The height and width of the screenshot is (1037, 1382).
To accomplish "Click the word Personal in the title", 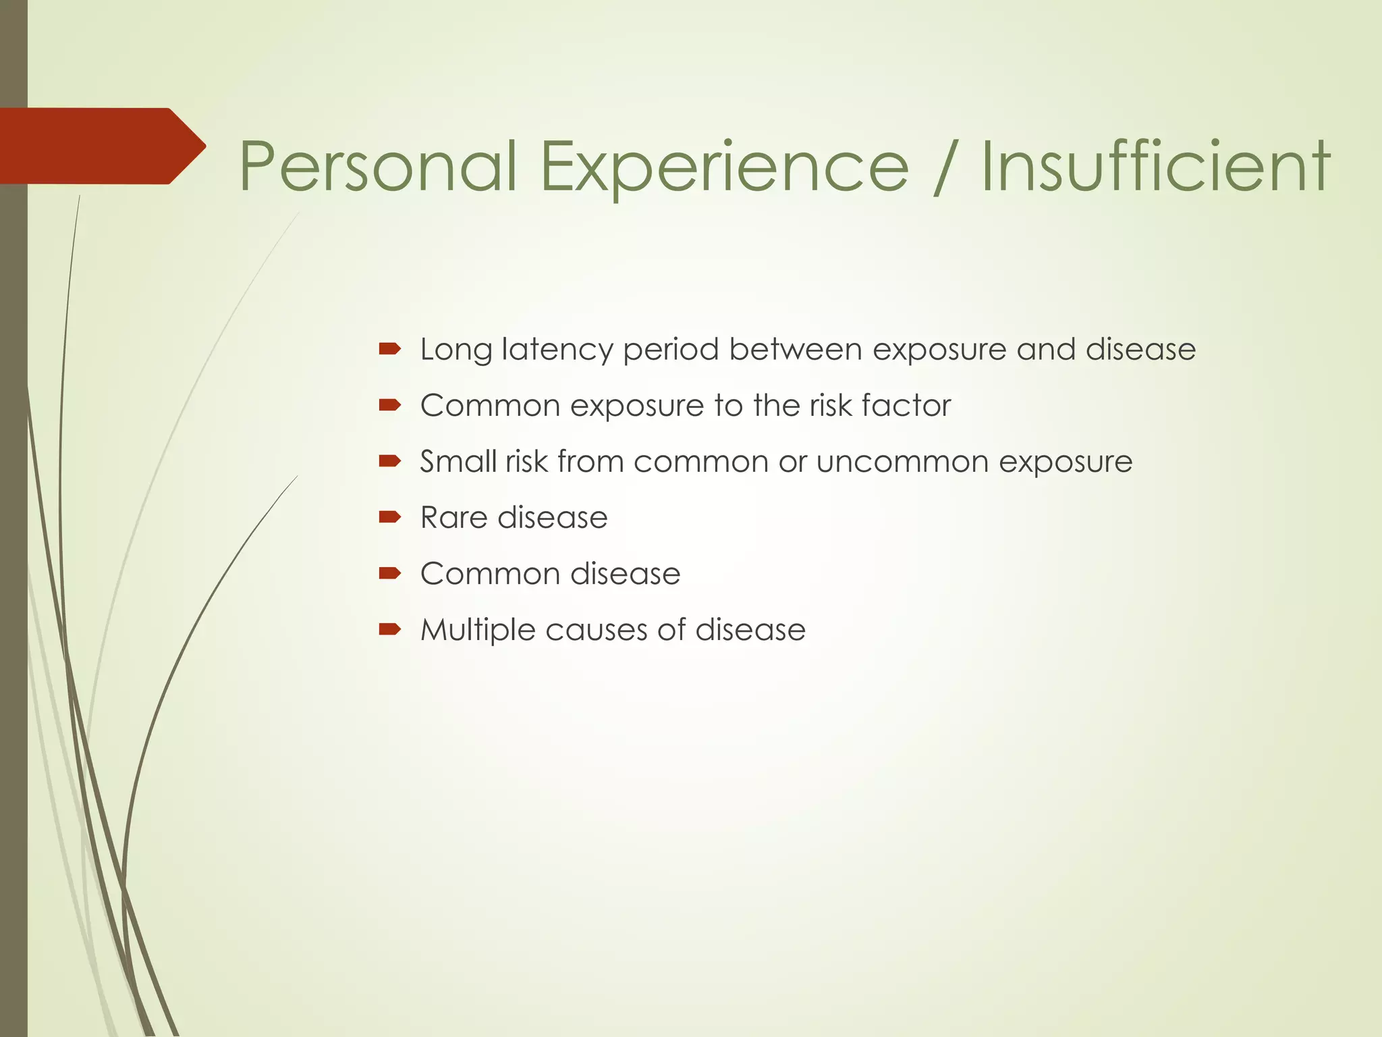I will [x=378, y=166].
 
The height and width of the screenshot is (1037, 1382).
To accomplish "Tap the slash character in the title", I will [x=943, y=166].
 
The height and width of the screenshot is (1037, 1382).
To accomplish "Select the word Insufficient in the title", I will [x=1155, y=166].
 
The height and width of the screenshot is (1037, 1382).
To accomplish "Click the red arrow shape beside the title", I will [x=101, y=146].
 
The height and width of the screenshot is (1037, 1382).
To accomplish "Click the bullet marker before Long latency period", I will [x=389, y=349].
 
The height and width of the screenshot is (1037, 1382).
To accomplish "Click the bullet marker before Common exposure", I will [x=389, y=405].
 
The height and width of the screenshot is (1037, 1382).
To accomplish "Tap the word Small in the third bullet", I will [x=458, y=461].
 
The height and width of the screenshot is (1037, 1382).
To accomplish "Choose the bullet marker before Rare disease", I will [x=389, y=517].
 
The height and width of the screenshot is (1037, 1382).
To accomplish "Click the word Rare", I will [x=453, y=517].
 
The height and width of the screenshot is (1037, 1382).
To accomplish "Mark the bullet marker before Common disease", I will [x=389, y=573].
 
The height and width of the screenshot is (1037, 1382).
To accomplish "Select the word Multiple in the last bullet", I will [x=477, y=630].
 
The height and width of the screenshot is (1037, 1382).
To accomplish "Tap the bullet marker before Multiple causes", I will [x=389, y=629].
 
